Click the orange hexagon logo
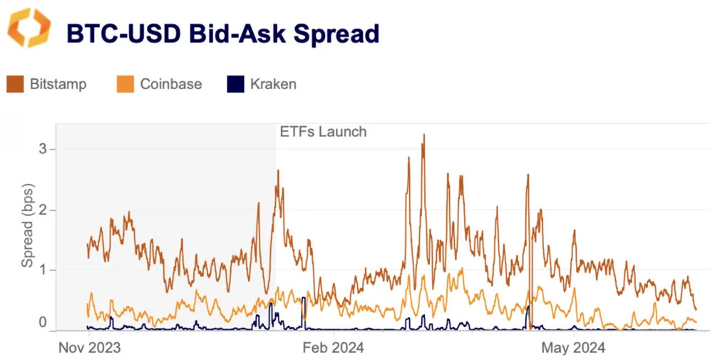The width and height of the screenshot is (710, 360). point(29,29)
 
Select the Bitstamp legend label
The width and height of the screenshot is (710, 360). point(58,84)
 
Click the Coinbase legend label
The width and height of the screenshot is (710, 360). point(170,84)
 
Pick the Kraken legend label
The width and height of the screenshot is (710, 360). point(273,84)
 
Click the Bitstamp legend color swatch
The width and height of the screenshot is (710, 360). point(16,84)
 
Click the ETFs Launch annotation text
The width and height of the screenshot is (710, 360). point(322,131)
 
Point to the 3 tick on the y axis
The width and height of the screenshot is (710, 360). point(42,149)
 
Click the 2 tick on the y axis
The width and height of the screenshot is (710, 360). point(42,210)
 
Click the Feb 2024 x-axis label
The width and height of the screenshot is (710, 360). point(333,348)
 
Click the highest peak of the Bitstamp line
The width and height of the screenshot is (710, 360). point(423,135)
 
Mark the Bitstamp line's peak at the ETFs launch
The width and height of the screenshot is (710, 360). point(278,171)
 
